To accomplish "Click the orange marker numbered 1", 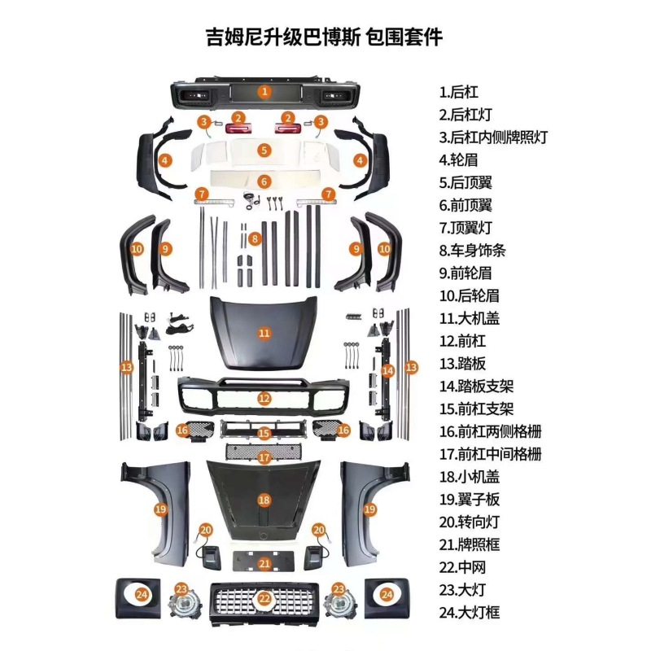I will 264,91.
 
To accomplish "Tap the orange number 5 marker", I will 264,151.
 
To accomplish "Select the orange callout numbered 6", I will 264,181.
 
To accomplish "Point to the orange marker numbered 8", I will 255,238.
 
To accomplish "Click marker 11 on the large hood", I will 264,333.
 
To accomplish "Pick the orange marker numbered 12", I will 264,399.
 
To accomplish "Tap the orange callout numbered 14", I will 388,371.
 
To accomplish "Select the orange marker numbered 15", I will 264,434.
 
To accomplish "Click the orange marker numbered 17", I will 264,458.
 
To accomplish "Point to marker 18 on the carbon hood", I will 264,500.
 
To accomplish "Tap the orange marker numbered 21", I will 264,563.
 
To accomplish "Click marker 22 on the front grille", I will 264,598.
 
